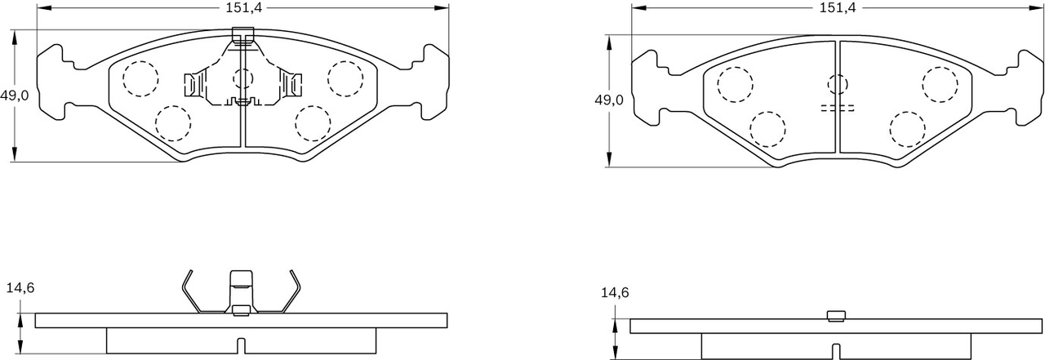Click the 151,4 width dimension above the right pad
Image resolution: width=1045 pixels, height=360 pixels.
point(837,8)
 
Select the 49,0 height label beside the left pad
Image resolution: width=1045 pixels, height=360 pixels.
point(14,96)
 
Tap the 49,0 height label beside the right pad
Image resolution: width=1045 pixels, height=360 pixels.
point(608,100)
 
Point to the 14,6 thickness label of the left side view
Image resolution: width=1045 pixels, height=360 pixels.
point(20,287)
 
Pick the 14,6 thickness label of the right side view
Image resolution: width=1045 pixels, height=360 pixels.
point(615,292)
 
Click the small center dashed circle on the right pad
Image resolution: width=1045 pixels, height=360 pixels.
point(838,84)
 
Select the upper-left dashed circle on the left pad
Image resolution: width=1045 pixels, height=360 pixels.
point(140,78)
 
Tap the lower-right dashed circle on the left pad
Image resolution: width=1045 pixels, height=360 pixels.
point(311,122)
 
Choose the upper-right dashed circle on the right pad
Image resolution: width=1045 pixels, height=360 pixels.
point(939,84)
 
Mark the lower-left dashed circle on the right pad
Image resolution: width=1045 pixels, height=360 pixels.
point(767,128)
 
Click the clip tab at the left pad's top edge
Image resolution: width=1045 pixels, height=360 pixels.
point(242,35)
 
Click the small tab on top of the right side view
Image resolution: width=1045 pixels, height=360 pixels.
point(836,316)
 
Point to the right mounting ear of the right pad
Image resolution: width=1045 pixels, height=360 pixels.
point(1027,86)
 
